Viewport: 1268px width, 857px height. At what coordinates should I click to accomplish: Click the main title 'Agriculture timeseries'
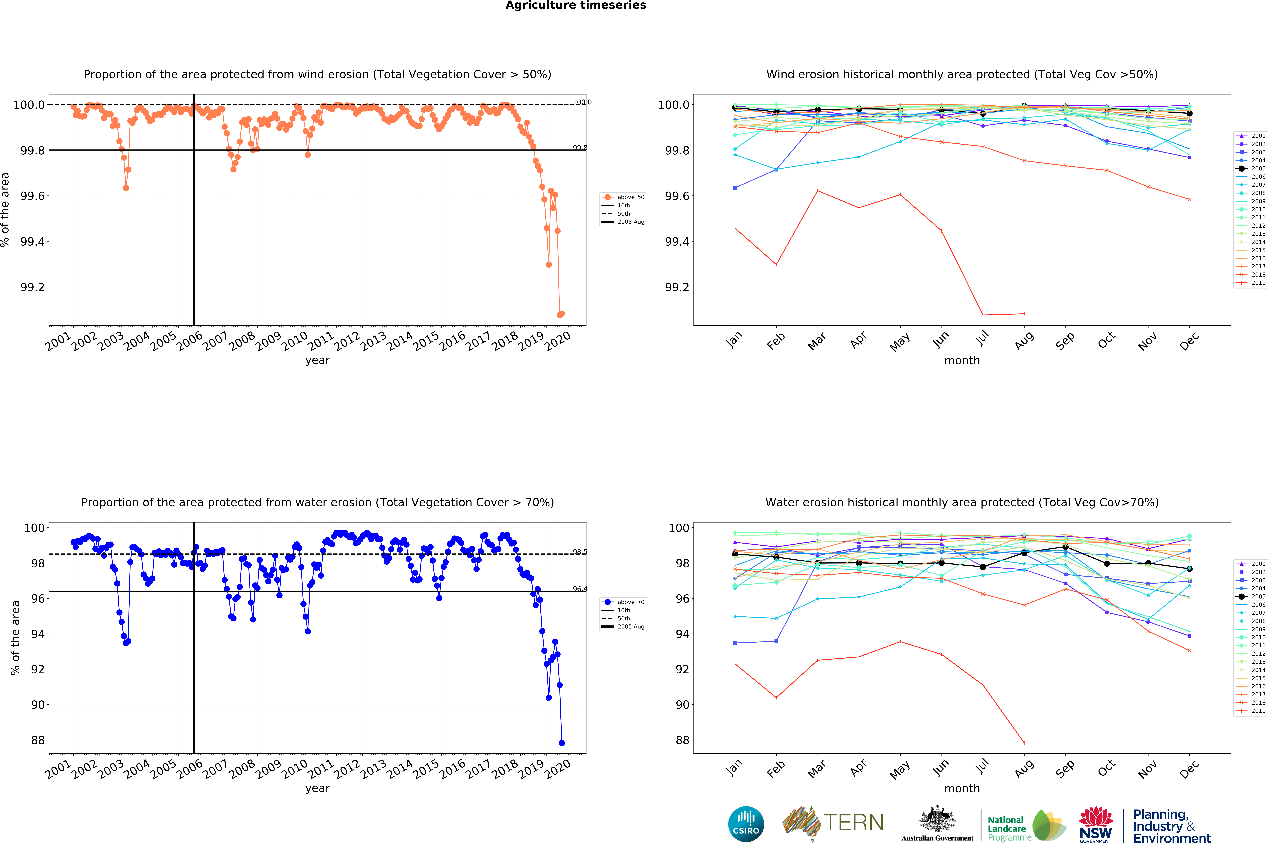[x=576, y=6]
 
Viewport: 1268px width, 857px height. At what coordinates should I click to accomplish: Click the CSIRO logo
[x=746, y=824]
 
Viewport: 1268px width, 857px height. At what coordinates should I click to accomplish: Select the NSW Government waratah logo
[x=1096, y=824]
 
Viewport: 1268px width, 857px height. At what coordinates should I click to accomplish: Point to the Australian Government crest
[x=937, y=819]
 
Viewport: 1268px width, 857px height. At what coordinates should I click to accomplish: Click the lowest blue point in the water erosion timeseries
[x=561, y=743]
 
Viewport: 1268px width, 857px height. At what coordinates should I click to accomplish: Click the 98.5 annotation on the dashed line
[x=579, y=552]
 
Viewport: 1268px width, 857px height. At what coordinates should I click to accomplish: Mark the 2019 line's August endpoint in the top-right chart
[x=1024, y=314]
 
